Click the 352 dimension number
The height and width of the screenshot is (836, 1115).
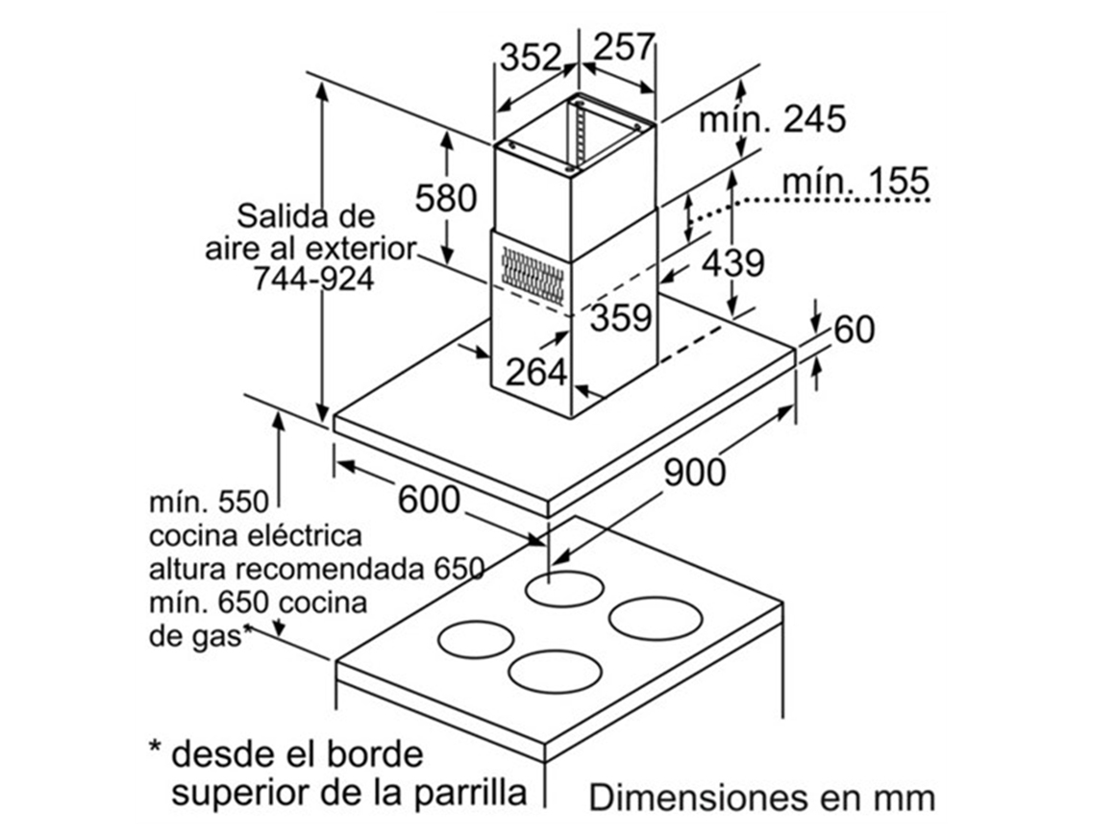click(529, 58)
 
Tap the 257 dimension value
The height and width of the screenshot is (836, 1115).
click(623, 47)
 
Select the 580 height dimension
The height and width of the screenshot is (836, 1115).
click(446, 199)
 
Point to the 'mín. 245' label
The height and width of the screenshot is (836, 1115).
click(772, 120)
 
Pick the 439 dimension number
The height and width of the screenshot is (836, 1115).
click(732, 261)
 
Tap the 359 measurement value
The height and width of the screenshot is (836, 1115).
click(620, 317)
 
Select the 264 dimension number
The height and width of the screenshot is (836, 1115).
click(536, 372)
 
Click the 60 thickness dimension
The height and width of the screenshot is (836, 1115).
click(855, 330)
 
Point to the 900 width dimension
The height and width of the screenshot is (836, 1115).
click(695, 472)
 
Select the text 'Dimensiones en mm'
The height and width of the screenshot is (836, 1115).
click(761, 798)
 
